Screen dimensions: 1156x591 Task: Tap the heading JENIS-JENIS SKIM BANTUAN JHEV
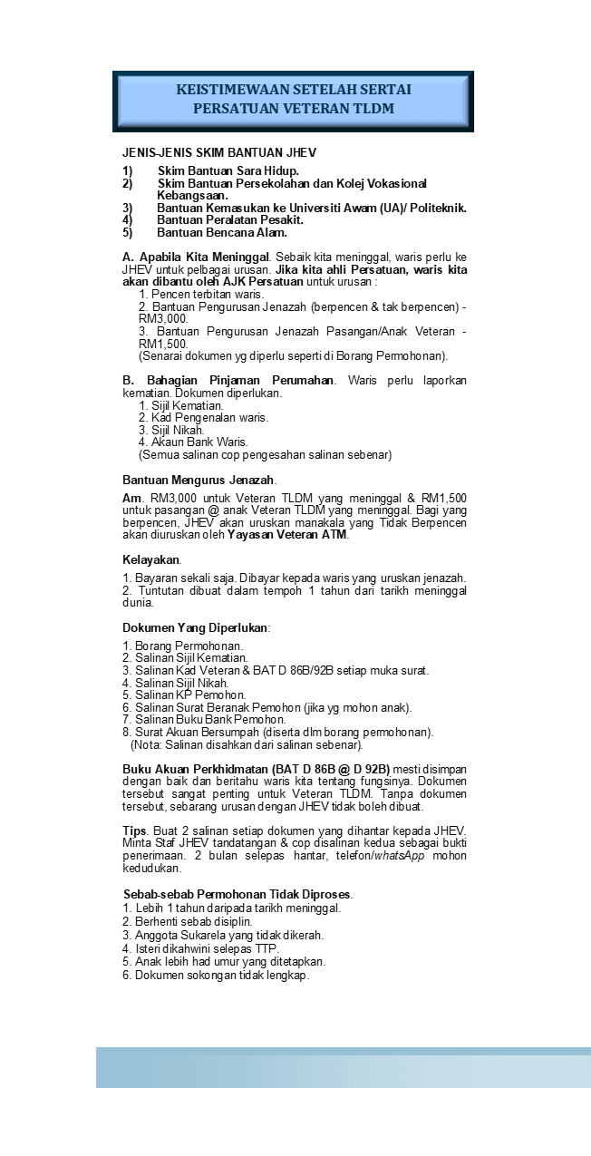point(219,152)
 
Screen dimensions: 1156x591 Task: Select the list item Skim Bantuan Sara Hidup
point(228,170)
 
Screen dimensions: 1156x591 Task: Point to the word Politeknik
point(438,208)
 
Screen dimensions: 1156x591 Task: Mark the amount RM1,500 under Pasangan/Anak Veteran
point(163,344)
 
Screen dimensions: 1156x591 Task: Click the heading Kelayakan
point(151,559)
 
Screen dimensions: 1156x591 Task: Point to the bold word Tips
point(134,831)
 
